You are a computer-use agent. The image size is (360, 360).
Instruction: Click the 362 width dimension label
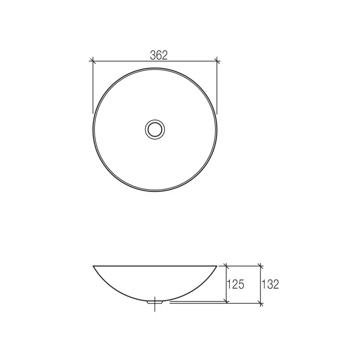[158, 55]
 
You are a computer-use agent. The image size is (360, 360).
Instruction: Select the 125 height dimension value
[236, 284]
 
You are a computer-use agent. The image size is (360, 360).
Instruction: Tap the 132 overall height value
[270, 284]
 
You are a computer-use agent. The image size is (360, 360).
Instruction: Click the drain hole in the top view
[155, 130]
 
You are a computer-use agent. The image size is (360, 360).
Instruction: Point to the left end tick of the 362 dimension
[92, 61]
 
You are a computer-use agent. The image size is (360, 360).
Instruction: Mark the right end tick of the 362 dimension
[217, 61]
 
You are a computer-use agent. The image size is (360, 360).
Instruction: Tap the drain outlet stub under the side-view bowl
[155, 302]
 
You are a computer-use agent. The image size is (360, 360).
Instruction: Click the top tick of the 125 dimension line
[227, 266]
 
